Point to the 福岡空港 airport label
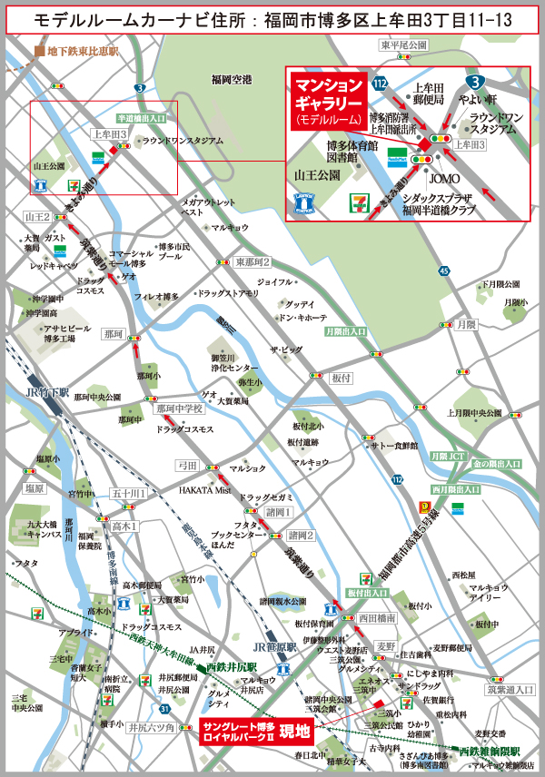(230, 79)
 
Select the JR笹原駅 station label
(275, 646)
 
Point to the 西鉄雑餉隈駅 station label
(490, 752)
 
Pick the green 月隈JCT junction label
(447, 456)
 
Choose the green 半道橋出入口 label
(142, 118)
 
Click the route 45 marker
(442, 270)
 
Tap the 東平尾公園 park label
(404, 45)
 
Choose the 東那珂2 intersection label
(253, 261)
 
